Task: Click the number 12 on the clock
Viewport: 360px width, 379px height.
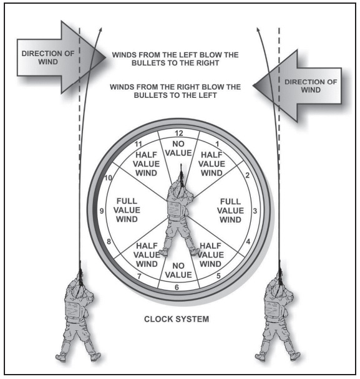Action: point(179,133)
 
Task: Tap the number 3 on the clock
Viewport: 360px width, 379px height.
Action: point(255,211)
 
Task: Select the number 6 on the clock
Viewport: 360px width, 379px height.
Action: point(177,287)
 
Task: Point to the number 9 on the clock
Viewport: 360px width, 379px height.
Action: point(102,211)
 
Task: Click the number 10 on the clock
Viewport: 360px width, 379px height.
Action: point(108,178)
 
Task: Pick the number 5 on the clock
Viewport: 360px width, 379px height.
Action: point(218,276)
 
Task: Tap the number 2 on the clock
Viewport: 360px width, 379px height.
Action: point(247,176)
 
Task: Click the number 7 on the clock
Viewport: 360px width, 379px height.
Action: point(139,276)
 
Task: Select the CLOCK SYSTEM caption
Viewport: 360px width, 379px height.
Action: point(177,319)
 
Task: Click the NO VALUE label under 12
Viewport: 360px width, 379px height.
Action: point(178,148)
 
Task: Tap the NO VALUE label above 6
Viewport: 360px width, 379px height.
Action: point(178,271)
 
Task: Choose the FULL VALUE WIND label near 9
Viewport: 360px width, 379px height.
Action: point(127,210)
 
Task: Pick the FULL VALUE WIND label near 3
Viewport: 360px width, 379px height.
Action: point(230,211)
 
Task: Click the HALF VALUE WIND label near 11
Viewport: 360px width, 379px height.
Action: point(146,164)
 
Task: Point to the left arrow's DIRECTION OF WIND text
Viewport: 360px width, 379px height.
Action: point(48,57)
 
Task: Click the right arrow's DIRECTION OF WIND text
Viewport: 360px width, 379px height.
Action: point(311,86)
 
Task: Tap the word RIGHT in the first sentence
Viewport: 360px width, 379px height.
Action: point(208,63)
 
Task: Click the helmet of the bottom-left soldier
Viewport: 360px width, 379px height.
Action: point(79,291)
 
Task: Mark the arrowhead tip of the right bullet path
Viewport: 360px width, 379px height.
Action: point(258,28)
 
